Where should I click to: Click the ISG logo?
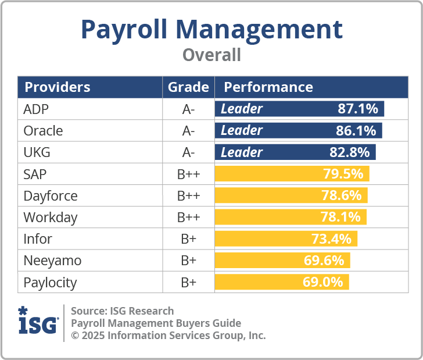[38, 322]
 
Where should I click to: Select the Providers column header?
[57, 87]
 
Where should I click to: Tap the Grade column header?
[188, 87]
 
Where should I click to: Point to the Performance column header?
[268, 87]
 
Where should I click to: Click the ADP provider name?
[36, 109]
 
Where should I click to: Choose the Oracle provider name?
[43, 130]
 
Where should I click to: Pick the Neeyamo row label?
[52, 261]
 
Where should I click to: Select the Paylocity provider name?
[50, 283]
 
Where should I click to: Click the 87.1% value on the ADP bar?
[358, 109]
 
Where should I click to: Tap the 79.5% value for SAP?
[343, 174]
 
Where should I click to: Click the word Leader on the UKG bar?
[242, 152]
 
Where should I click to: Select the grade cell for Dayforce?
[188, 196]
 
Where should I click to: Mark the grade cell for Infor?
[188, 239]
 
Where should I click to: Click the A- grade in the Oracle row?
[188, 130]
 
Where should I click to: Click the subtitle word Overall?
[212, 55]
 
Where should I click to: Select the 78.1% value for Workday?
[341, 218]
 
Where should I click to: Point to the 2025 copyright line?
[168, 336]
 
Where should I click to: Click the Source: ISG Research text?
[122, 311]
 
